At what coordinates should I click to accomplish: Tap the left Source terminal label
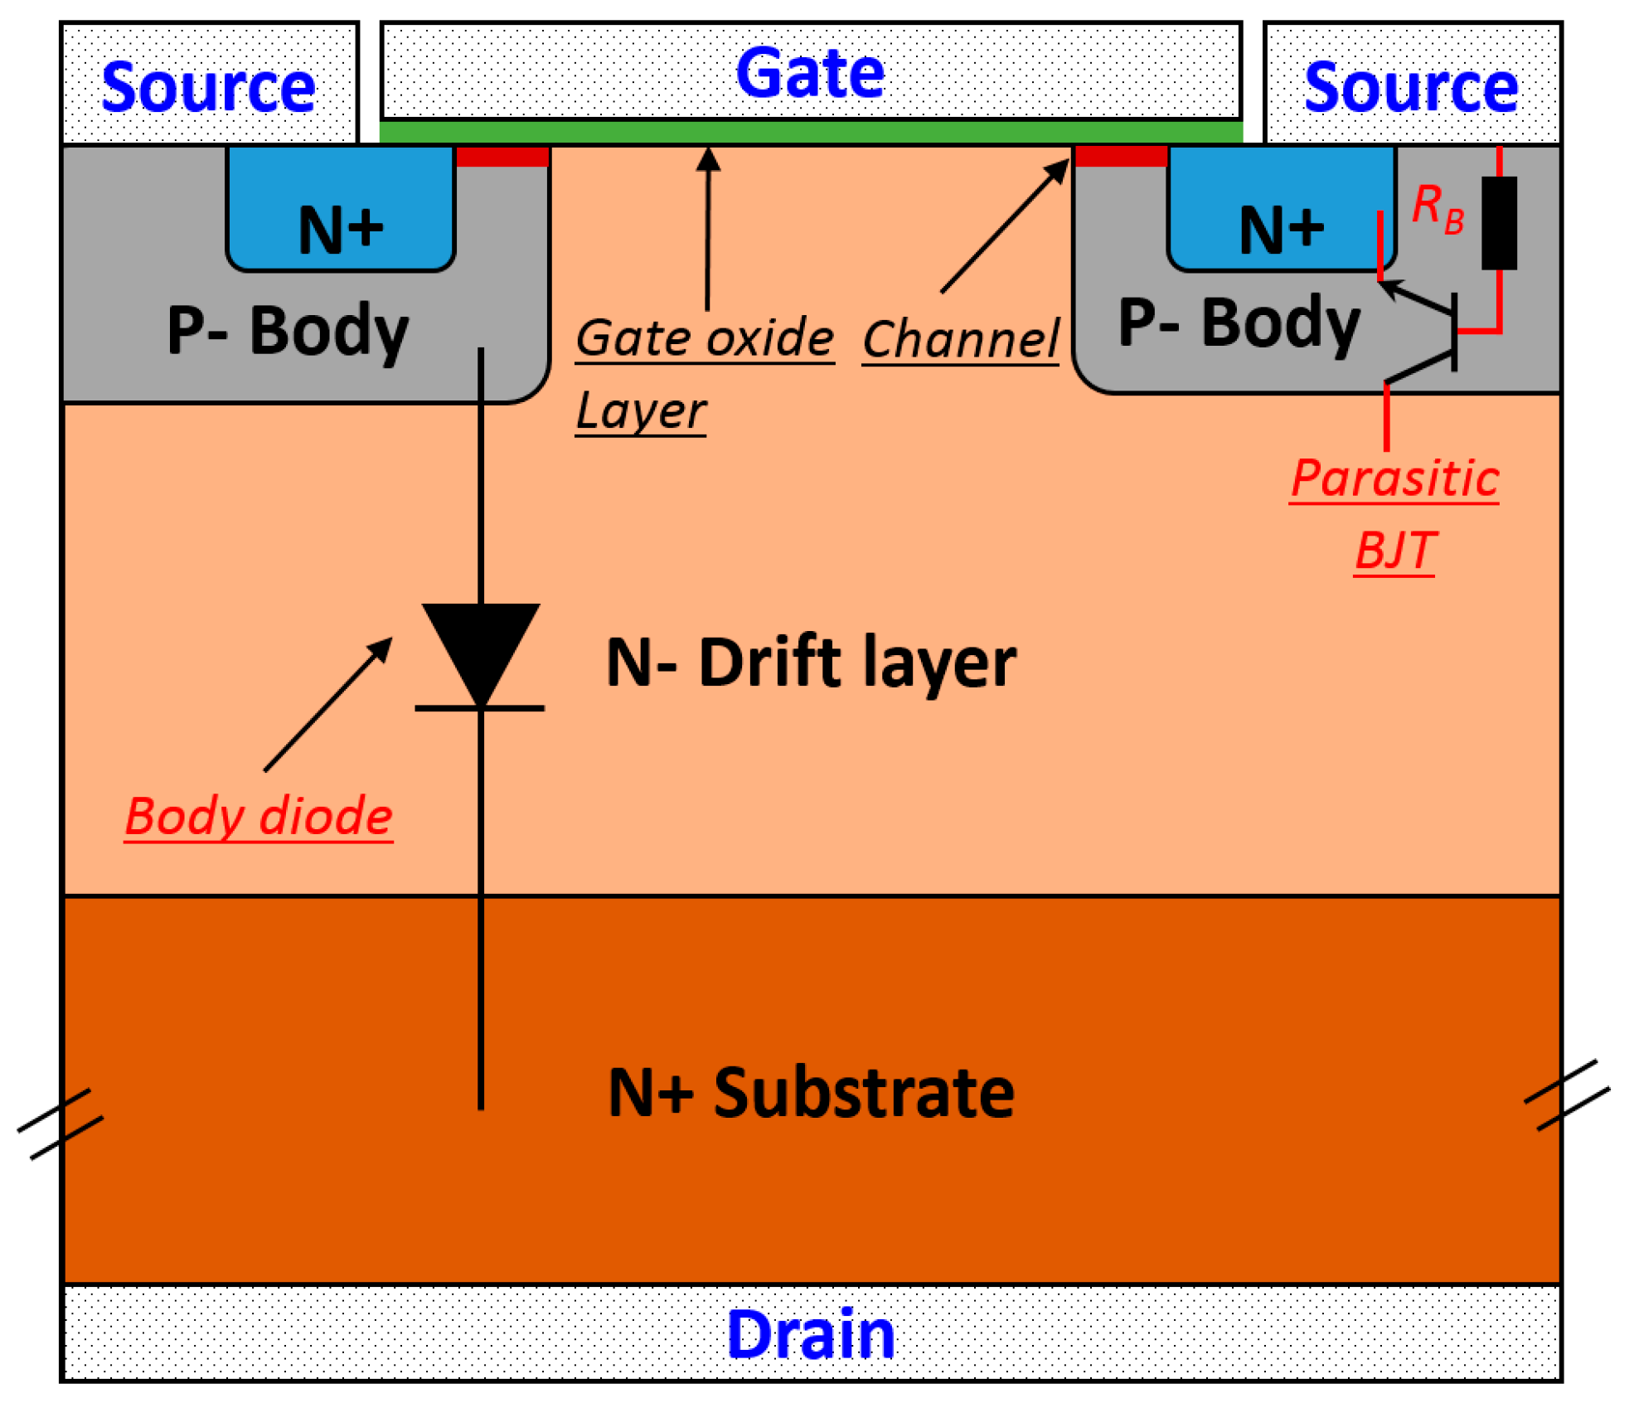[x=208, y=87]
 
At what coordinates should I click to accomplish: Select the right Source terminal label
[x=1410, y=87]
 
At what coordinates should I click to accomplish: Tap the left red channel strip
[x=502, y=157]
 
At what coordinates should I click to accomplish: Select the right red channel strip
[x=1121, y=156]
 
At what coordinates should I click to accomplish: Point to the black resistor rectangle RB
[x=1499, y=222]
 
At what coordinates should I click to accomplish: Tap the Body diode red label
[x=259, y=816]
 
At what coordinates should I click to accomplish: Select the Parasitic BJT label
[x=1394, y=514]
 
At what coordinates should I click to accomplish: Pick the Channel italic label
[x=960, y=340]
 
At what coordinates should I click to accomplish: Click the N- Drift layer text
[x=810, y=663]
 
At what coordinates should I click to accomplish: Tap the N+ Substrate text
[x=810, y=1093]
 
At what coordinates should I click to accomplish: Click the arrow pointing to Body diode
[x=328, y=704]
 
